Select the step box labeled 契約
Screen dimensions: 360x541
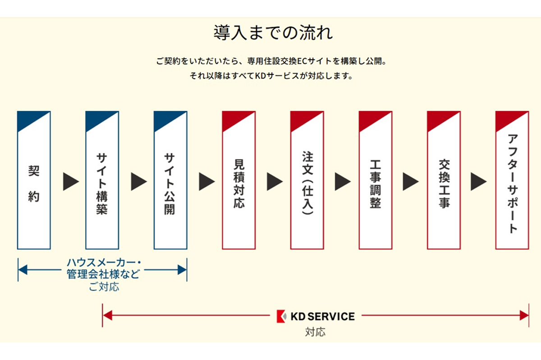34,180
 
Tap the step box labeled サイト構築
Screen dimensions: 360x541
102,180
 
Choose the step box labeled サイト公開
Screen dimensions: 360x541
170,180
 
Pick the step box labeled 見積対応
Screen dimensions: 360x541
239,180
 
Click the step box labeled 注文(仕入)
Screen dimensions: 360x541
307,180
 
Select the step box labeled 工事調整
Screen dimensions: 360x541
376,180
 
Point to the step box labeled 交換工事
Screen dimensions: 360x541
444,180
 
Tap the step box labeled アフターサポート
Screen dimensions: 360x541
512,180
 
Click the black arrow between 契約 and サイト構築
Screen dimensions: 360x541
70,181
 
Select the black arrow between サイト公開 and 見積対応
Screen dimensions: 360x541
207,181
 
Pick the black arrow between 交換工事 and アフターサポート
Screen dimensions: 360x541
478,181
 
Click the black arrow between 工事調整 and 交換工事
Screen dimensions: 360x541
410,181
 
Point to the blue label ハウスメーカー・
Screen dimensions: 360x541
102,263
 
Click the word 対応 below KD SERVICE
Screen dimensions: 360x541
315,332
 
